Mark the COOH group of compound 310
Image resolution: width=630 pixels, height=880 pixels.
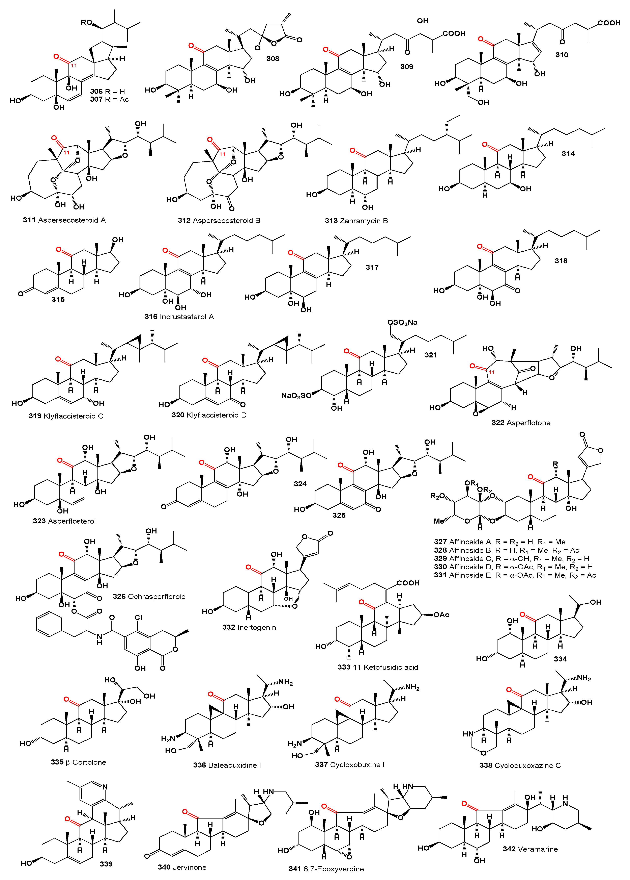[x=609, y=23]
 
